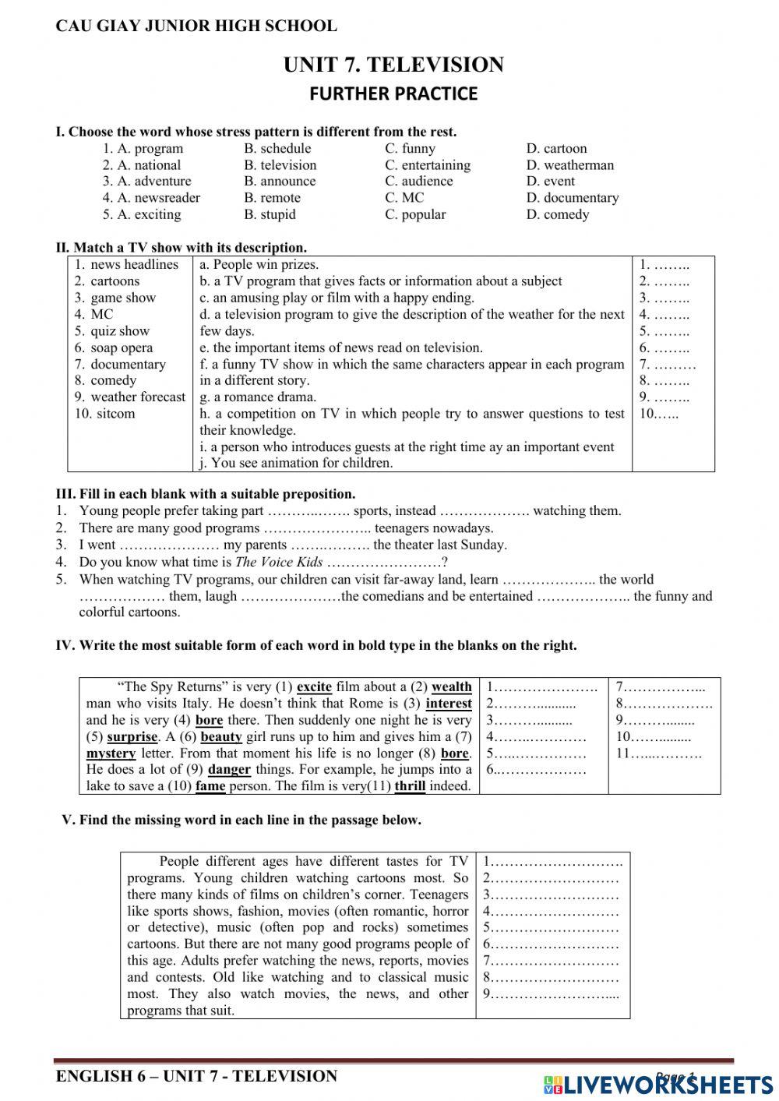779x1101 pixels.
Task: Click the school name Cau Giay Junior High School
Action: click(196, 26)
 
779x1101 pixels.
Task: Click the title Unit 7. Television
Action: click(393, 65)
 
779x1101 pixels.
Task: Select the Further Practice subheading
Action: click(393, 94)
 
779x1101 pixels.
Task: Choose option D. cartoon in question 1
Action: click(556, 148)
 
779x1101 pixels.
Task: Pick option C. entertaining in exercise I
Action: click(428, 165)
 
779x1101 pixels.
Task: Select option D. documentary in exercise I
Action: click(572, 198)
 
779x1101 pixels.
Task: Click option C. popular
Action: click(415, 214)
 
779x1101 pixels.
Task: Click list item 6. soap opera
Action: click(114, 348)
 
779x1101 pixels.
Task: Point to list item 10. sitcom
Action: click(105, 414)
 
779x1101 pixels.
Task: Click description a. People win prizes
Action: click(259, 265)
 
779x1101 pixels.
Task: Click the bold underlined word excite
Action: click(314, 687)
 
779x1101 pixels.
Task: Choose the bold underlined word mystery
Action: click(111, 753)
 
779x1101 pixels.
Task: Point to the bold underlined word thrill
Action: click(410, 786)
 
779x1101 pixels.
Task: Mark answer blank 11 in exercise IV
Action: click(658, 753)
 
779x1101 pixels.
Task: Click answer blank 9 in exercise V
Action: click(551, 994)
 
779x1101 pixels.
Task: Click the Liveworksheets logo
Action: click(658, 1084)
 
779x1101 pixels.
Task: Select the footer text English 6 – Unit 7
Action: click(196, 1076)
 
